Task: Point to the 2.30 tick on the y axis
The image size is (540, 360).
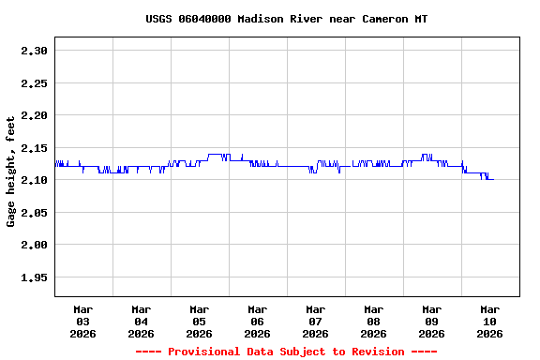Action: pyautogui.click(x=34, y=51)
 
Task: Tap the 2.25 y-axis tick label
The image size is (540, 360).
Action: pyautogui.click(x=34, y=83)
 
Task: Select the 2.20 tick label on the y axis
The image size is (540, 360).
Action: pyautogui.click(x=34, y=115)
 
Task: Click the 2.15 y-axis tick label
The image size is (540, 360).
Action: pyautogui.click(x=34, y=148)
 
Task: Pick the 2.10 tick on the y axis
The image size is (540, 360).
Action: pyautogui.click(x=34, y=180)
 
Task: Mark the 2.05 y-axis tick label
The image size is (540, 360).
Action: pyautogui.click(x=34, y=213)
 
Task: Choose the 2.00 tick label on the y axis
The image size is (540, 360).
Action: pyautogui.click(x=34, y=245)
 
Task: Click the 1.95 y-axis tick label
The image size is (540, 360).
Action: pyautogui.click(x=34, y=277)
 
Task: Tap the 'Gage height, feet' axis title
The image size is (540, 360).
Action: pyautogui.click(x=11, y=172)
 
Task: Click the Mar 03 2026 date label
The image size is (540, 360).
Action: pyautogui.click(x=83, y=321)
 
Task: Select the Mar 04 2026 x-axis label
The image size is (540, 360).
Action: pyautogui.click(x=142, y=321)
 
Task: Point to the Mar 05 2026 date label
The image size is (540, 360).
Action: pyautogui.click(x=200, y=321)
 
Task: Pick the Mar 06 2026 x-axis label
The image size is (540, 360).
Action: pyautogui.click(x=258, y=321)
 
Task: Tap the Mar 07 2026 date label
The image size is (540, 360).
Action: pyautogui.click(x=316, y=321)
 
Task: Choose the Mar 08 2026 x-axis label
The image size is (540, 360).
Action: pyautogui.click(x=374, y=321)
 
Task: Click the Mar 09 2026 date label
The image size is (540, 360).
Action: pyautogui.click(x=432, y=321)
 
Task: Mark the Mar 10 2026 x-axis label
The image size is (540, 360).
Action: pyautogui.click(x=490, y=321)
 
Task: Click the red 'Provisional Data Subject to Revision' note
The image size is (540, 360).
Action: pyautogui.click(x=286, y=352)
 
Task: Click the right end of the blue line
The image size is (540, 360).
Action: pyautogui.click(x=493, y=179)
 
